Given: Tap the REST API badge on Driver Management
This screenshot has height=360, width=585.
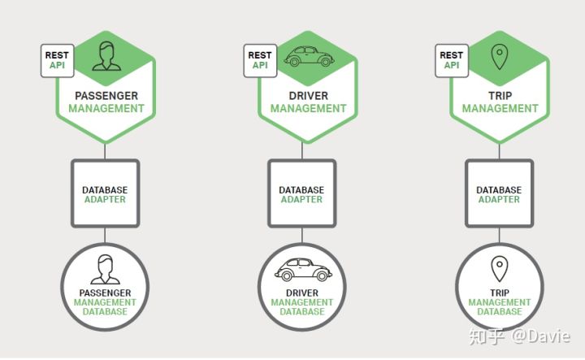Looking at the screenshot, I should tap(261, 61).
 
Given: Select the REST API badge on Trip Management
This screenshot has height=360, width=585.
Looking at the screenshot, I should tap(451, 61).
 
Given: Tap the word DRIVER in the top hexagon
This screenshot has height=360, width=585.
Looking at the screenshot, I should tap(309, 96).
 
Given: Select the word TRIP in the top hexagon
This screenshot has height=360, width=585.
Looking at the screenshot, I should tap(500, 96).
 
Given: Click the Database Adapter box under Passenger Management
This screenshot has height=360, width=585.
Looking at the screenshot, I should tap(105, 194).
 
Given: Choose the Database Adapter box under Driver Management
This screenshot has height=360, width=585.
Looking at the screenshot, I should tap(301, 194).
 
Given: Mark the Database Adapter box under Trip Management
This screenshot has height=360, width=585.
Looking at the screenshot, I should tap(498, 194).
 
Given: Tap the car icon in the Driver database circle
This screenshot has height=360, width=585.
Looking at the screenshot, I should tap(301, 268).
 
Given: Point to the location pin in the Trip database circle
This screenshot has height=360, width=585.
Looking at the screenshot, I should tap(498, 269).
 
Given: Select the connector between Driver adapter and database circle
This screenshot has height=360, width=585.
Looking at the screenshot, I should tap(301, 236).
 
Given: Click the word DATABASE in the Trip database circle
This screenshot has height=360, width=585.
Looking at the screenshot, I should tap(499, 312).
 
